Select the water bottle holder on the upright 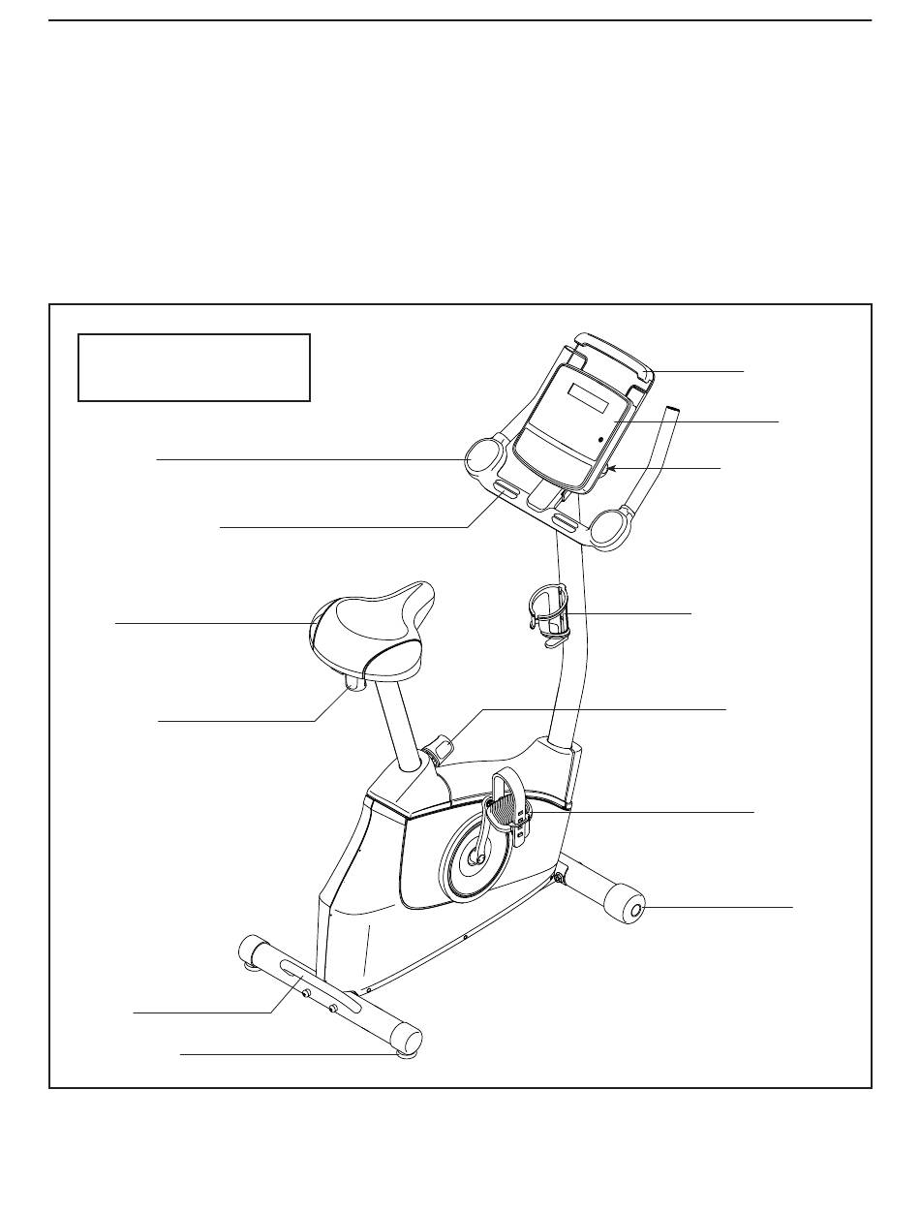click(550, 612)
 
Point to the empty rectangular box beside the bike click(194, 367)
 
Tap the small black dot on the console click(602, 439)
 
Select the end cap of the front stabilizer click(636, 909)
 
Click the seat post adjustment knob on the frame click(442, 747)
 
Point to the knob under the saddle click(353, 685)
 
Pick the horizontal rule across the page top click(460, 20)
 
